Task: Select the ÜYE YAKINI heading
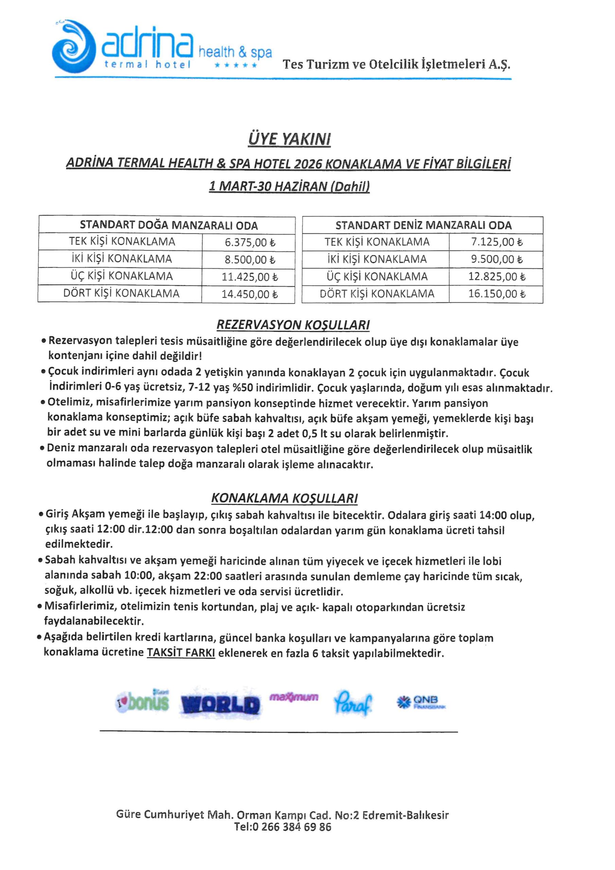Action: click(289, 139)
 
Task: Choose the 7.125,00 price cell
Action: click(496, 242)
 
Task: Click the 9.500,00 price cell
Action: click(496, 260)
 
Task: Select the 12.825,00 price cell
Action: click(496, 277)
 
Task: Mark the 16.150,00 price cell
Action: click(496, 294)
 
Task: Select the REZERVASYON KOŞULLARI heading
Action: click(293, 325)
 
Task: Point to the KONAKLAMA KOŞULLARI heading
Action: click(284, 498)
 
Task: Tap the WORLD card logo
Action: click(220, 704)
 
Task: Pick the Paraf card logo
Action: click(353, 703)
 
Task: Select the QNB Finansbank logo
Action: click(421, 702)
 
